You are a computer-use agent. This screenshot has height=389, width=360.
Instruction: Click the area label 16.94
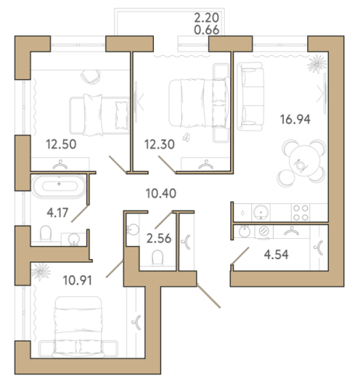(x=295, y=120)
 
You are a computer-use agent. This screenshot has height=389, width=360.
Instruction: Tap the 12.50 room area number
(x=61, y=144)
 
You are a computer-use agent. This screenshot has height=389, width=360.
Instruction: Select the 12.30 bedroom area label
(x=159, y=144)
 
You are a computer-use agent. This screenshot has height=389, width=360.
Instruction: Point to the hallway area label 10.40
(x=161, y=194)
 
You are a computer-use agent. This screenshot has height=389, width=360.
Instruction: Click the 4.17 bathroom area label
(x=58, y=212)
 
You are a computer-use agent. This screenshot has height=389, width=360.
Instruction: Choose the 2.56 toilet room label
(x=159, y=238)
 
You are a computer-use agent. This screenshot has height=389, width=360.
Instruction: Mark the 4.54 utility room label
(x=276, y=254)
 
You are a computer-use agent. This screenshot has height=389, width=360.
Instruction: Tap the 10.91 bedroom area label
(x=78, y=280)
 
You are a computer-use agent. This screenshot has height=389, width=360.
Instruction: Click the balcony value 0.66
(x=207, y=30)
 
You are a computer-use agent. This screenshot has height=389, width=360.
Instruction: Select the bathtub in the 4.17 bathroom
(x=59, y=186)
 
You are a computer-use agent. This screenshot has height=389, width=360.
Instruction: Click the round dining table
(x=305, y=161)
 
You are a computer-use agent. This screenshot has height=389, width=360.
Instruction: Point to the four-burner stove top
(x=301, y=212)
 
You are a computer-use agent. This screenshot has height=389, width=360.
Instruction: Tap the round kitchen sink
(x=261, y=212)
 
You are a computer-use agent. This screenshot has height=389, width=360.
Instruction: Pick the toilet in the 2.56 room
(x=158, y=258)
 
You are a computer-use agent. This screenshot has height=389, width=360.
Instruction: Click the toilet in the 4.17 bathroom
(x=46, y=233)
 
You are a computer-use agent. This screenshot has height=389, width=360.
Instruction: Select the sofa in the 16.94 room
(x=250, y=96)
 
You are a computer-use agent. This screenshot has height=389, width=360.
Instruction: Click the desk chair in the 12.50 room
(x=90, y=77)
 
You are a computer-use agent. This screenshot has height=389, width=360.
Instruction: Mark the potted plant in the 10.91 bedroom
(x=40, y=272)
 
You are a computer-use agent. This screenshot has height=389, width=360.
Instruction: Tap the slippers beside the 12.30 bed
(x=186, y=137)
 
